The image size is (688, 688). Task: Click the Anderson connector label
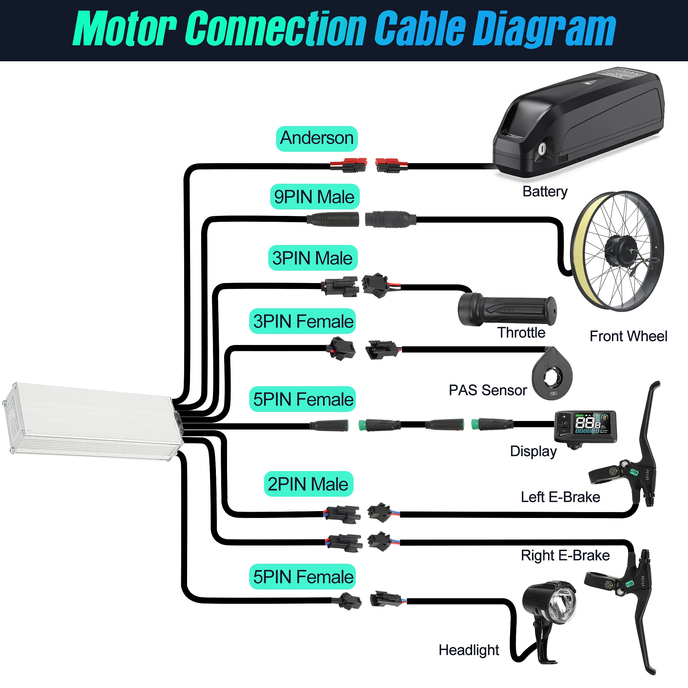[x=316, y=139]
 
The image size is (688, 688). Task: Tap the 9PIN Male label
[x=315, y=197]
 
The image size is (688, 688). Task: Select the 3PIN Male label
[x=312, y=258]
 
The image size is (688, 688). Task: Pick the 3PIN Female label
[x=303, y=321]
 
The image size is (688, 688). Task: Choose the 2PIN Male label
[x=308, y=484]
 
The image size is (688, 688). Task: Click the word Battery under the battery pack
[x=545, y=192]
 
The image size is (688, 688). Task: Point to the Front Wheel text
[x=628, y=336]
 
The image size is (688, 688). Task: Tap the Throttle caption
[x=521, y=333]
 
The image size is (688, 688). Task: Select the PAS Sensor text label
[x=487, y=390]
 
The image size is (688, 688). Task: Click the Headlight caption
[x=468, y=650]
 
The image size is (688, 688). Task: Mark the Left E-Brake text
[x=560, y=497]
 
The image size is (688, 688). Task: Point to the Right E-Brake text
[x=565, y=556]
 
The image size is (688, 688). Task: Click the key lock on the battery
[x=542, y=148]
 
